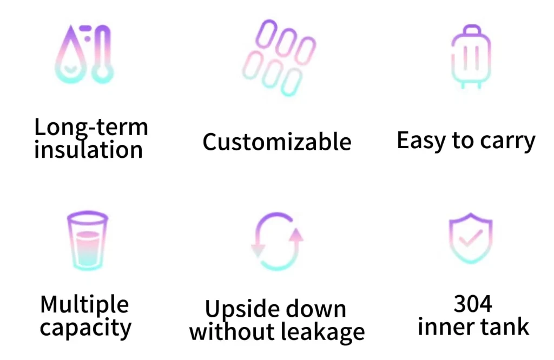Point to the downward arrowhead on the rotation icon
(259, 249)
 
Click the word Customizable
(277, 142)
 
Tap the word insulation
(88, 150)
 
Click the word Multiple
(85, 304)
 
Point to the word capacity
(85, 328)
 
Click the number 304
(472, 304)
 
